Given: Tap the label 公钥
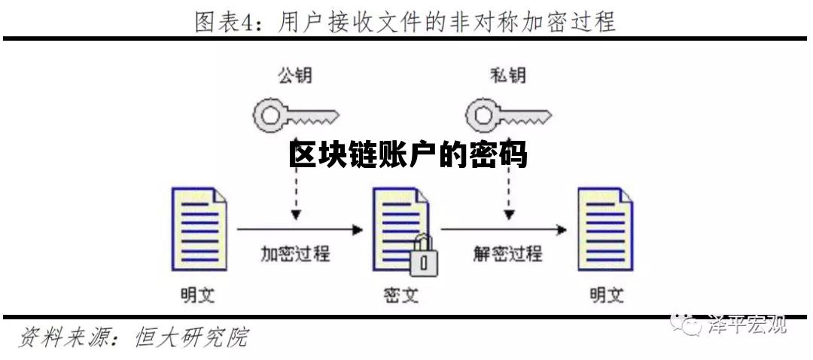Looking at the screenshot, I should click(294, 75).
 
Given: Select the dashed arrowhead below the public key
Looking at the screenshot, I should click(297, 215).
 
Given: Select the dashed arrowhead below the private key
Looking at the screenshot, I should click(509, 215).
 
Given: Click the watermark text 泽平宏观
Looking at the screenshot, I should click(747, 325).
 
